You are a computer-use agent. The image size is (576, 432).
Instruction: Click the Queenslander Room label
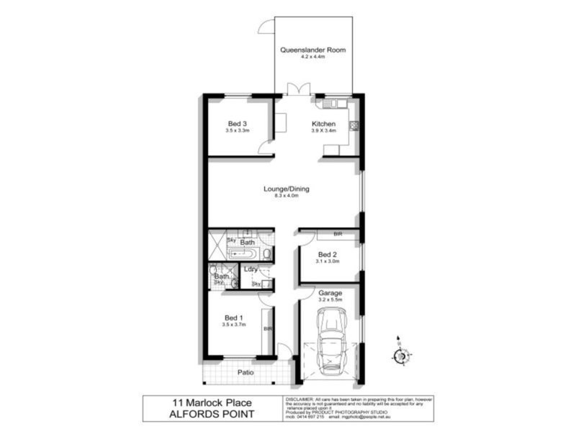pyautogui.click(x=312, y=50)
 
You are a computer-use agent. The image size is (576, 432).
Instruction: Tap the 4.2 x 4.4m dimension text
pyautogui.click(x=312, y=58)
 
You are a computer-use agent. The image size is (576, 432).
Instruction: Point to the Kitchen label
pyautogui.click(x=323, y=123)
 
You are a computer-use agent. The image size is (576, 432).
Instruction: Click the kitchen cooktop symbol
pyautogui.click(x=354, y=125)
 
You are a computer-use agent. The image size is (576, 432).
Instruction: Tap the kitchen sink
pyautogui.click(x=332, y=104)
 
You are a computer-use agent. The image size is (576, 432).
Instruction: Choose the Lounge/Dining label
pyautogui.click(x=286, y=189)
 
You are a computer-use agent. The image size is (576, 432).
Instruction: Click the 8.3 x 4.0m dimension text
pyautogui.click(x=286, y=197)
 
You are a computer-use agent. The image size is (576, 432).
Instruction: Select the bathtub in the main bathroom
pyautogui.click(x=245, y=253)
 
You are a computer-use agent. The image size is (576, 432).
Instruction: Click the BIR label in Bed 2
pyautogui.click(x=338, y=235)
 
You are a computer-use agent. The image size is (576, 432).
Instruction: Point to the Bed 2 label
pyautogui.click(x=327, y=254)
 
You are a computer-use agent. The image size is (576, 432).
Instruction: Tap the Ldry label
pyautogui.click(x=251, y=269)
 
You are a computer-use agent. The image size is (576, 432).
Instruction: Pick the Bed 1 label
pyautogui.click(x=234, y=318)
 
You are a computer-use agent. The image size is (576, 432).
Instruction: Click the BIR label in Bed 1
pyautogui.click(x=267, y=329)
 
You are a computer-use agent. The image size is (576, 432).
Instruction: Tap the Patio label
pyautogui.click(x=248, y=372)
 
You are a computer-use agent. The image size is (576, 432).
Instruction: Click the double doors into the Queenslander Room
pyautogui.click(x=297, y=90)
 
